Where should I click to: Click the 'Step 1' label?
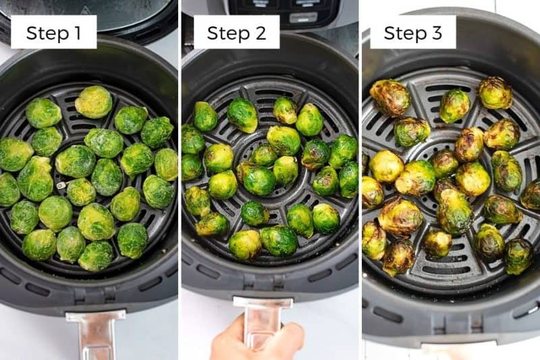coord(53,32)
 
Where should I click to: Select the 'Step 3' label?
coord(412,32)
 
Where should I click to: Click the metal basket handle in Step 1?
coord(95,333)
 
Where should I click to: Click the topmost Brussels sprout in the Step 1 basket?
coord(94,102)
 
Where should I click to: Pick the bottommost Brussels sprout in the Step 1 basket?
coord(96,256)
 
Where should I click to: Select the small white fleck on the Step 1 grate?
coord(61,184)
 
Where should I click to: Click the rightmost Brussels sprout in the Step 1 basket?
coord(166,164)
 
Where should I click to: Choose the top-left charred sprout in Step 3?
coord(390,97)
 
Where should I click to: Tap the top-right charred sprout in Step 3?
coord(495,93)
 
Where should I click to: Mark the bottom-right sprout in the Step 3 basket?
coord(518,255)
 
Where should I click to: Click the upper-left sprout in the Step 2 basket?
coord(205,116)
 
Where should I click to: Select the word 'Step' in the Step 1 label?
coord(45,32)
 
